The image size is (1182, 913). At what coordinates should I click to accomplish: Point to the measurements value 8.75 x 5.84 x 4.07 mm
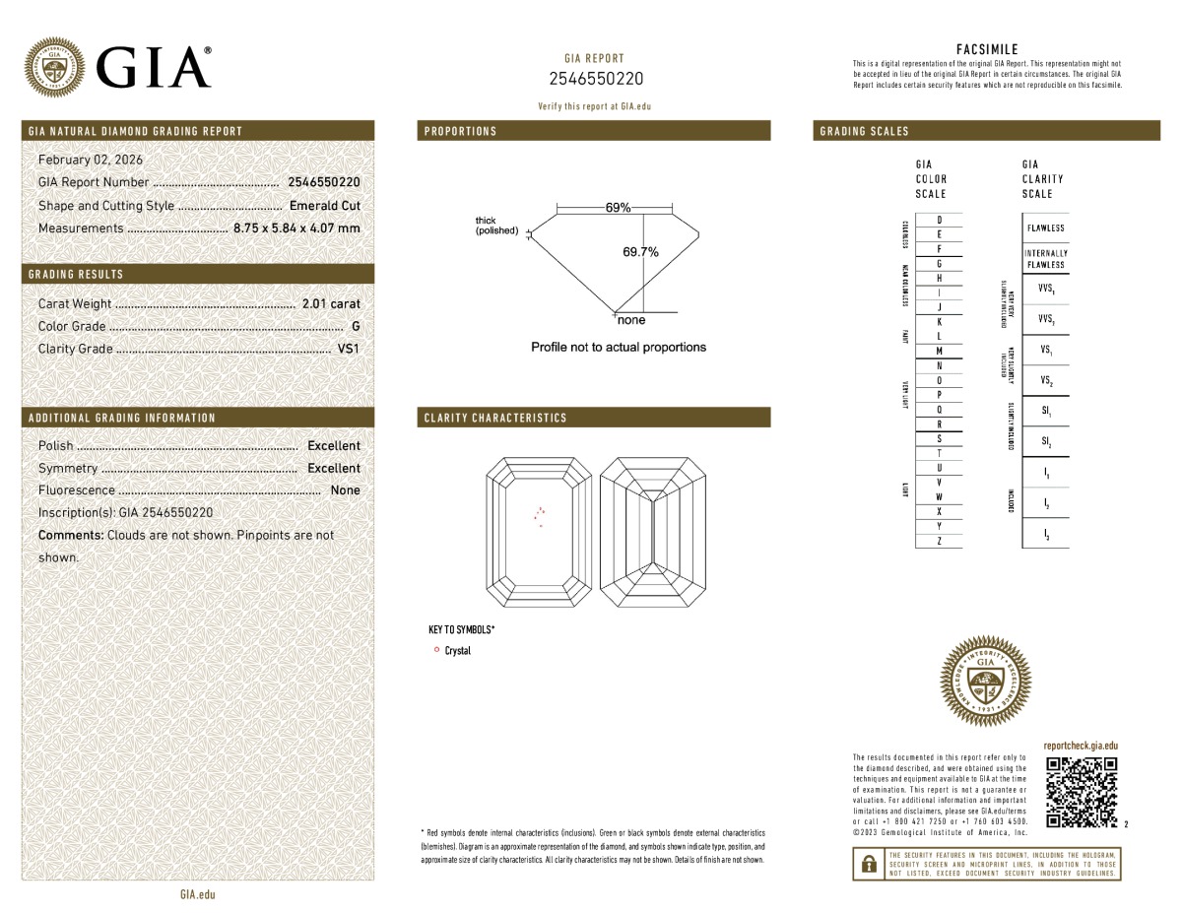tap(296, 228)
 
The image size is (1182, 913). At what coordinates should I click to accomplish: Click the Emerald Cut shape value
tap(325, 206)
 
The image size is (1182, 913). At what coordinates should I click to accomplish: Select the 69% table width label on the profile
tap(619, 208)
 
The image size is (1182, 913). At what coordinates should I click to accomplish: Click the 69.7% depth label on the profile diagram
tap(640, 252)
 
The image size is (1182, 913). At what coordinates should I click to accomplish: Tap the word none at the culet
tap(630, 321)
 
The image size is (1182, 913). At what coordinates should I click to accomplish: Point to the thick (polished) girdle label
tap(496, 226)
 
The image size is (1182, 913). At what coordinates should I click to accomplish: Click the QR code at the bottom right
tap(1082, 793)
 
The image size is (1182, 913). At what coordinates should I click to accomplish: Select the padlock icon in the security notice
tap(868, 864)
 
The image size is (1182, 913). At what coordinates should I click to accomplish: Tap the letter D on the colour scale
tap(939, 219)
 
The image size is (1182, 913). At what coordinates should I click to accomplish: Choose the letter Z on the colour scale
tap(939, 542)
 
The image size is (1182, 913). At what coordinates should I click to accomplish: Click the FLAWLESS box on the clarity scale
tap(1045, 228)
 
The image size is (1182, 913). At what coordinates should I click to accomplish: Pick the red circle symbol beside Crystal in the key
tap(436, 650)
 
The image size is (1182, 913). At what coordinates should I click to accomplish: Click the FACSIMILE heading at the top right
tap(987, 49)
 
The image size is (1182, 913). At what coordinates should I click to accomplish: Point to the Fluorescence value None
tap(345, 489)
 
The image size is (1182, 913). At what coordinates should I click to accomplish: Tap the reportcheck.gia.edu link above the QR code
tap(1081, 748)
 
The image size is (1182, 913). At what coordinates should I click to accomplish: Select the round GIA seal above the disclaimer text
tap(987, 682)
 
